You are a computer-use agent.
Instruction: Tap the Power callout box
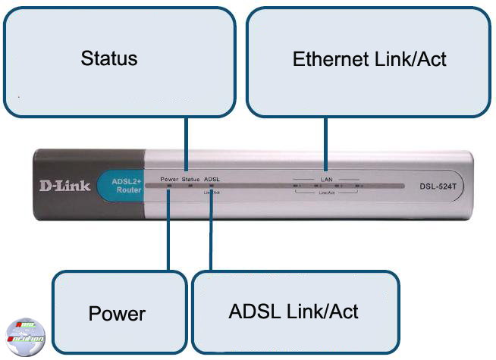point(119,312)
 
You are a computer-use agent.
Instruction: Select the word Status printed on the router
point(190,179)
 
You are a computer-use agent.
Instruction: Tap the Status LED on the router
point(190,186)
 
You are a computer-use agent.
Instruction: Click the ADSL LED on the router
point(212,186)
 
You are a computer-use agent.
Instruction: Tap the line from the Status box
point(185,144)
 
